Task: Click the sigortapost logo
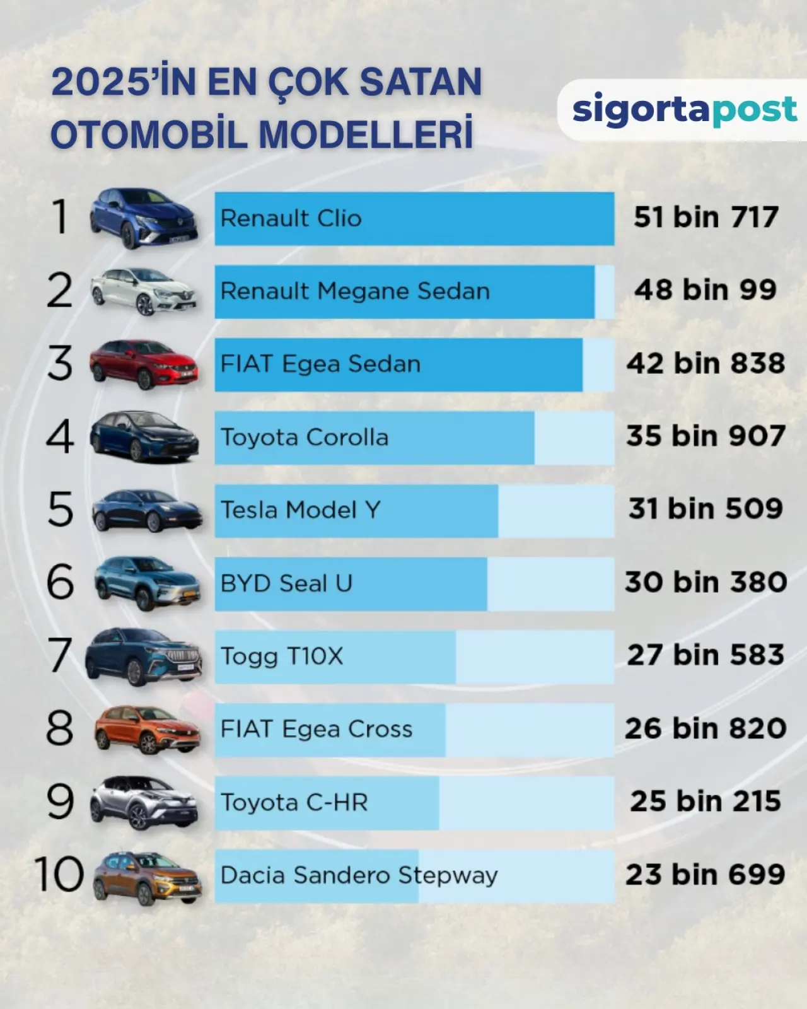684,110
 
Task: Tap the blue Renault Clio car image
144,218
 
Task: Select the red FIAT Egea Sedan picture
144,364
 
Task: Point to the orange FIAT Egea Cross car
147,729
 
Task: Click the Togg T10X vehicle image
144,656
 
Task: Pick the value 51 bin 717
706,218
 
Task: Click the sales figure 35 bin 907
706,436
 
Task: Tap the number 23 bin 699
705,875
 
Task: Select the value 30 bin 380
706,582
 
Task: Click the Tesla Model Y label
300,510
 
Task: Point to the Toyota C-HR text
294,802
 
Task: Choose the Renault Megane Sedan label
355,291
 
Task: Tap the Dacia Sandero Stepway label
359,875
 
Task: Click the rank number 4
60,436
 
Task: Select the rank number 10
59,875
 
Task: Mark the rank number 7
60,655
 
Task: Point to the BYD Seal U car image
147,583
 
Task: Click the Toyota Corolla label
304,437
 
